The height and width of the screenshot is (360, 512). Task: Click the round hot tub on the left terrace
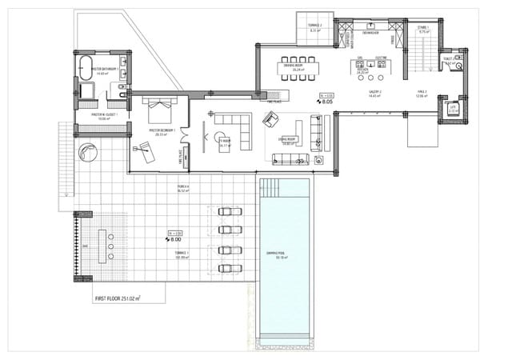click(86, 152)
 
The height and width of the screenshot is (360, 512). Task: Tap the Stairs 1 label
click(423, 30)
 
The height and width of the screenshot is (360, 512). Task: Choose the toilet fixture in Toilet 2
click(458, 67)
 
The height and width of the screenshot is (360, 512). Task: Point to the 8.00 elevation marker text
click(174, 238)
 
